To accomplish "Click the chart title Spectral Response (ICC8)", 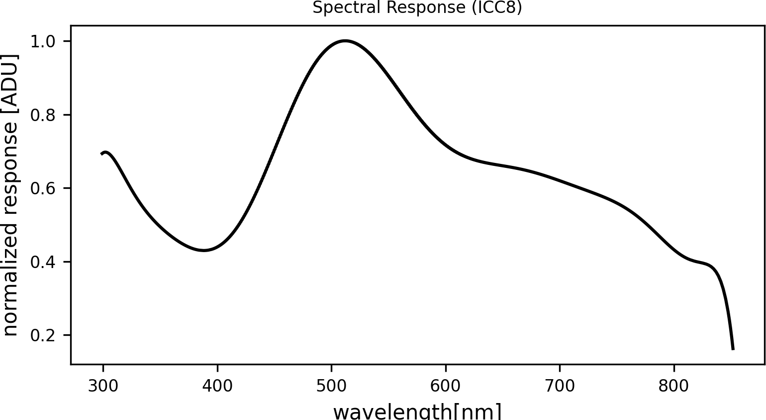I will tap(417, 8).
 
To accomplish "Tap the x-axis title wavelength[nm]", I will tap(417, 412).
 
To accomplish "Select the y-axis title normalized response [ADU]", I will tap(10, 194).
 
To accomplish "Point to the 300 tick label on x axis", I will tap(103, 386).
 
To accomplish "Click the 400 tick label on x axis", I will tap(217, 386).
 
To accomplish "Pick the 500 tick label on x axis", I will tap(331, 386).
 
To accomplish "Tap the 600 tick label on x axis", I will tap(446, 386).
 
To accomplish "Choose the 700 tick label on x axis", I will tap(560, 386).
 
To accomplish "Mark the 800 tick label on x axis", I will tap(674, 386).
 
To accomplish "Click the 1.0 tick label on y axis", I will tap(43, 41).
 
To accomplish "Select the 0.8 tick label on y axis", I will tap(43, 115).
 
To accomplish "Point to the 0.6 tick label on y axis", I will tap(43, 188).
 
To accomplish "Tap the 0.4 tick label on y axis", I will tap(43, 262).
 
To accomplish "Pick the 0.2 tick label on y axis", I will tap(43, 335).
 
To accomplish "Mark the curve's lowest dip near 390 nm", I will tap(204, 250).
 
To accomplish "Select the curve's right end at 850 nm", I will tap(733, 349).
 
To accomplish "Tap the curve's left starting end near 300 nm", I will tap(102, 153).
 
